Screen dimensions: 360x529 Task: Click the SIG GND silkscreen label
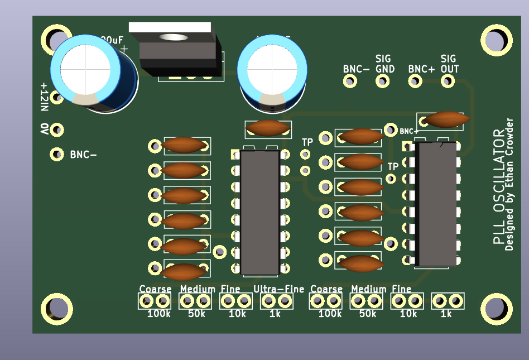pos(384,64)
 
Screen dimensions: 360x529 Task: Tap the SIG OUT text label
pos(449,64)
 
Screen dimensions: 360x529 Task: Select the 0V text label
pos(44,129)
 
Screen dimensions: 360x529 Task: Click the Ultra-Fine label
pos(279,289)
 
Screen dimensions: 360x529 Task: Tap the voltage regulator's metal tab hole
pos(173,37)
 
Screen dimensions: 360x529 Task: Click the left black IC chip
pos(259,212)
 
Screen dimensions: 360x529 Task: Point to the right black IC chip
pos(436,204)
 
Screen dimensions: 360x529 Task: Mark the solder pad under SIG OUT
pos(447,81)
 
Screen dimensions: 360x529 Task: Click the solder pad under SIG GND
pos(382,81)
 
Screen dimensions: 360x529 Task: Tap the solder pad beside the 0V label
pos(56,130)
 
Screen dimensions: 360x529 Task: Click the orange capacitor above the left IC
pos(268,128)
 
